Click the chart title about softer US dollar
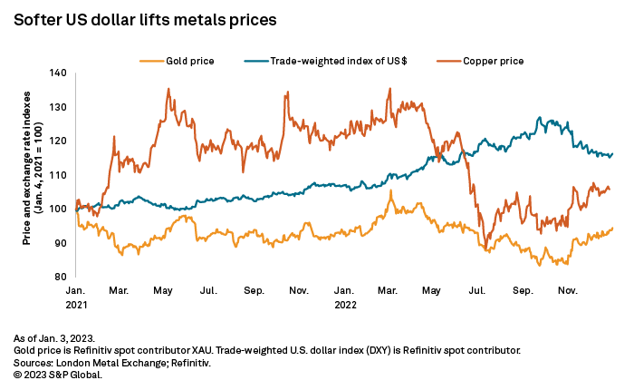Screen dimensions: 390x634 click(144, 18)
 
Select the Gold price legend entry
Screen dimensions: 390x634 click(188, 61)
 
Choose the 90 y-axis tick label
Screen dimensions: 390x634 click(59, 243)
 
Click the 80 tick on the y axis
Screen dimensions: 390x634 click(59, 277)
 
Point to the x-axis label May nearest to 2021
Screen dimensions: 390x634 click(164, 292)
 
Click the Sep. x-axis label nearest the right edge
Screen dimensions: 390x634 click(522, 292)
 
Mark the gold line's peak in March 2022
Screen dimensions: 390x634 click(391, 190)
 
